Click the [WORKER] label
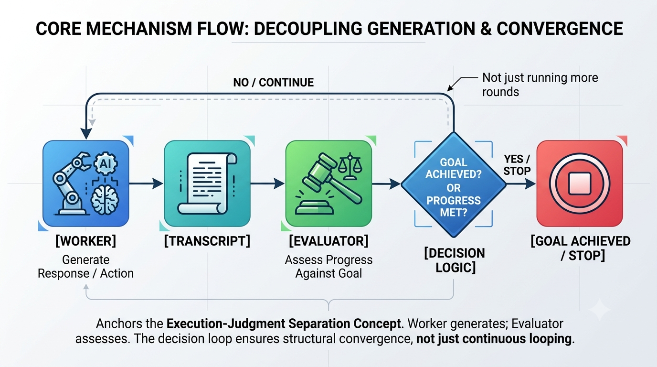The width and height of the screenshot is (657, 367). (x=85, y=241)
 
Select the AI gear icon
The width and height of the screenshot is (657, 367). (x=106, y=164)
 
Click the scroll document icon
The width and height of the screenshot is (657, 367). (x=207, y=183)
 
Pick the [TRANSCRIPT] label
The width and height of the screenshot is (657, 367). (x=207, y=241)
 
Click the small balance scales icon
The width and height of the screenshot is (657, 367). (x=350, y=166)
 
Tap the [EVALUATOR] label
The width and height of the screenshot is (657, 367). (x=328, y=241)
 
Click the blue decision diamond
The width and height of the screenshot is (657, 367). (x=454, y=184)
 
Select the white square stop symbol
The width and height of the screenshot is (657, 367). (x=580, y=183)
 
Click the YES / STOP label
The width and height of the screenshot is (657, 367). (x=517, y=165)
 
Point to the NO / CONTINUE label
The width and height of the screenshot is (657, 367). (x=274, y=83)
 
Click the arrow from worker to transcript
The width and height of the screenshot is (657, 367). (x=146, y=183)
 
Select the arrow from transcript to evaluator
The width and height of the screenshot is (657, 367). (x=267, y=183)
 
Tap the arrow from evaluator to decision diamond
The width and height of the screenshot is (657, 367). (x=386, y=184)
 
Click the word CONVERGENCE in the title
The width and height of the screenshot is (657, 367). (x=560, y=29)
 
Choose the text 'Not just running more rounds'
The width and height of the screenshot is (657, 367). (x=540, y=85)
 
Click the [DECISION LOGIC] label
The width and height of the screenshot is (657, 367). (x=455, y=260)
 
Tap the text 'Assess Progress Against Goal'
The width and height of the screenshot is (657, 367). (x=328, y=267)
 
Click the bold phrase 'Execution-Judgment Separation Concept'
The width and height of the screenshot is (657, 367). (x=284, y=324)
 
